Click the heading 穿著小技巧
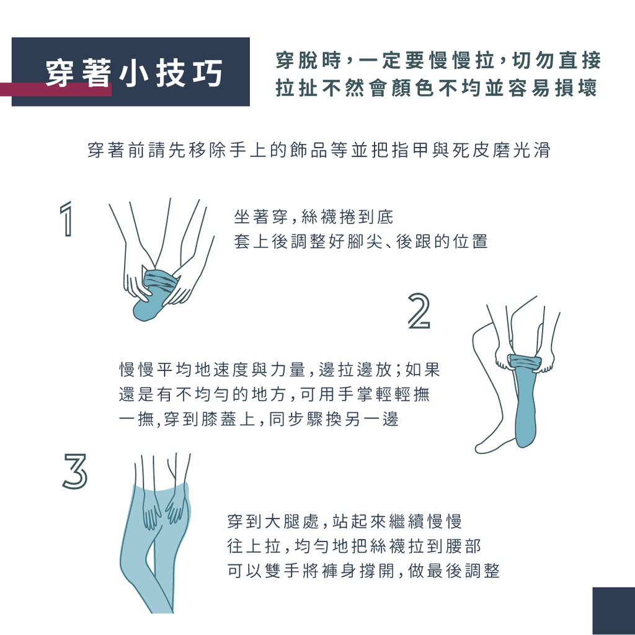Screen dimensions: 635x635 click(134, 73)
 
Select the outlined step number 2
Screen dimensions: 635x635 click(419, 311)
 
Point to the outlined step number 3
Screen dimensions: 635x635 click(75, 471)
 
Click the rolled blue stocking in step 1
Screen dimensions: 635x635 click(156, 293)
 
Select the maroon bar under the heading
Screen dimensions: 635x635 click(56, 89)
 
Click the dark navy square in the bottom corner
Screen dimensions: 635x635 click(613, 611)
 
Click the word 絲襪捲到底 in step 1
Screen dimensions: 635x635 click(347, 217)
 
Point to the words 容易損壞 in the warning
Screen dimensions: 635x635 click(553, 88)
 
